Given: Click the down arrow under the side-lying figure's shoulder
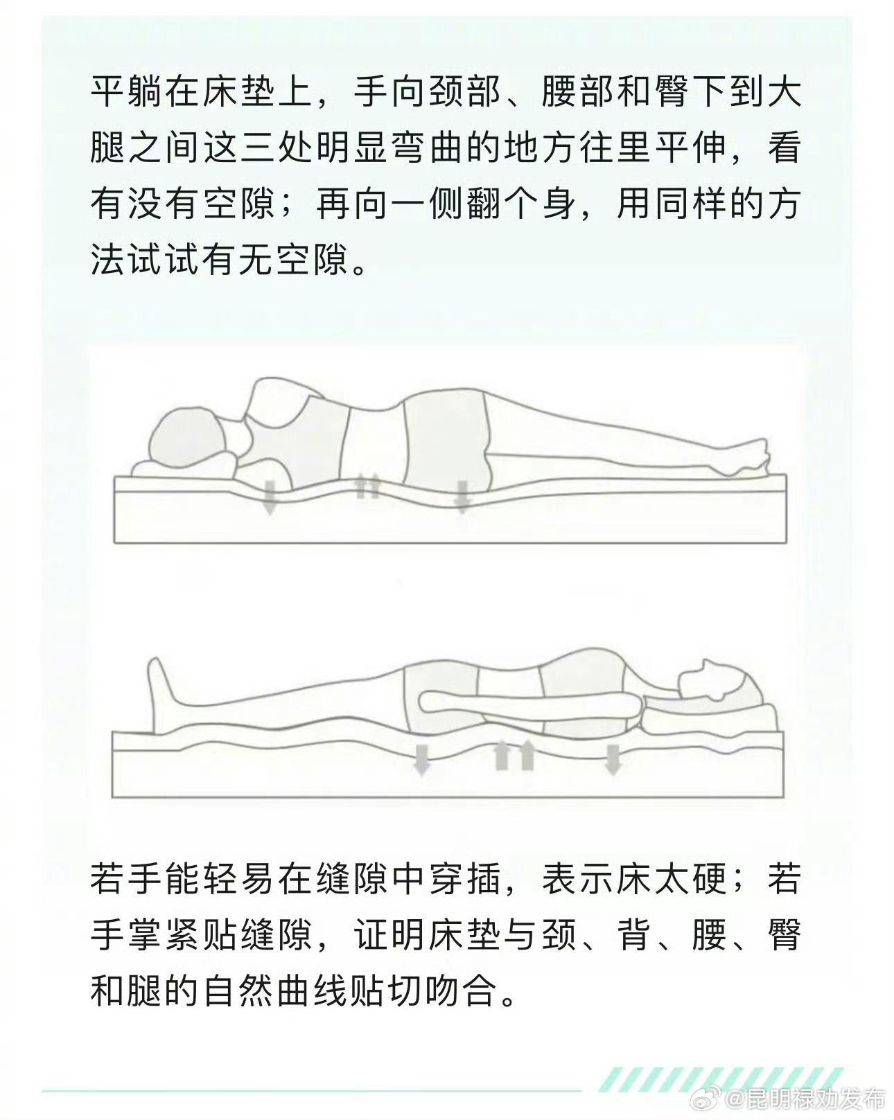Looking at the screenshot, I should [270, 499].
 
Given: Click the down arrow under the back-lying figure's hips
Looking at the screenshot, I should [421, 759].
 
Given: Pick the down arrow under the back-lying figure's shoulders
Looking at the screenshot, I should [612, 759].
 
